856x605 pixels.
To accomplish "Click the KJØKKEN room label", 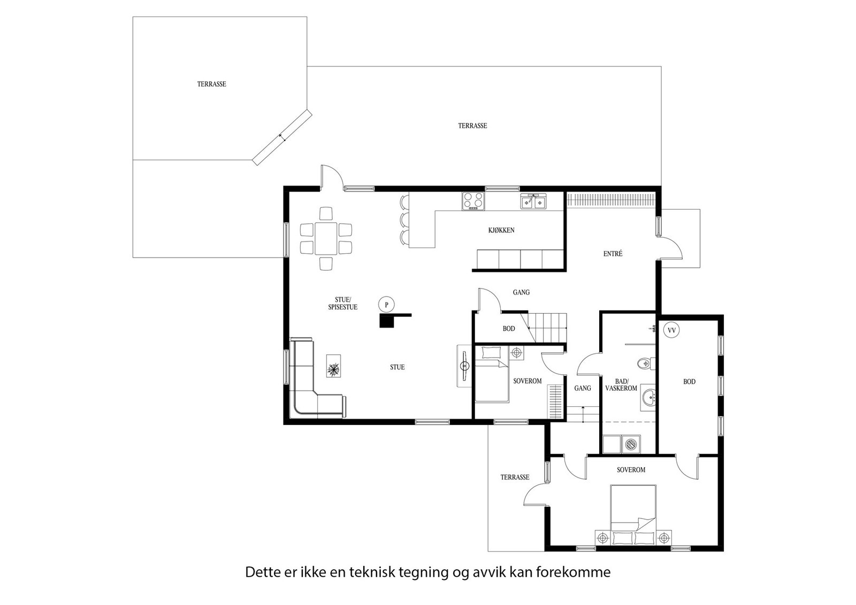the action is point(501,230).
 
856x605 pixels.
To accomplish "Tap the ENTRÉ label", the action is point(613,253).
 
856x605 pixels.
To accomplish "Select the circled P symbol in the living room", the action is point(386,305).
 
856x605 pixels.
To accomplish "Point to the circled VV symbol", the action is point(671,330).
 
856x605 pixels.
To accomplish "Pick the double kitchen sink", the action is point(533,201).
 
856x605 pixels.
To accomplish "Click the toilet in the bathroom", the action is point(646,363).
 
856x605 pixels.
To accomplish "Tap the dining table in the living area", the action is point(326,238).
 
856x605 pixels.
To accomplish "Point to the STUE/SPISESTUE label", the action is point(342,304).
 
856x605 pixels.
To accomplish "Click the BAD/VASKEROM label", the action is point(621,385).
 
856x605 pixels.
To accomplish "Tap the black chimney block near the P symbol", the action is point(386,321).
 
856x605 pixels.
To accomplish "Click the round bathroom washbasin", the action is point(648,398).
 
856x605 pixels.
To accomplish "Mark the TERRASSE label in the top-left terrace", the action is point(211,84).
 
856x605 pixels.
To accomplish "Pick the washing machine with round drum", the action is point(631,444).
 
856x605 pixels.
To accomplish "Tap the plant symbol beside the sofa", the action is point(334,366).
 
